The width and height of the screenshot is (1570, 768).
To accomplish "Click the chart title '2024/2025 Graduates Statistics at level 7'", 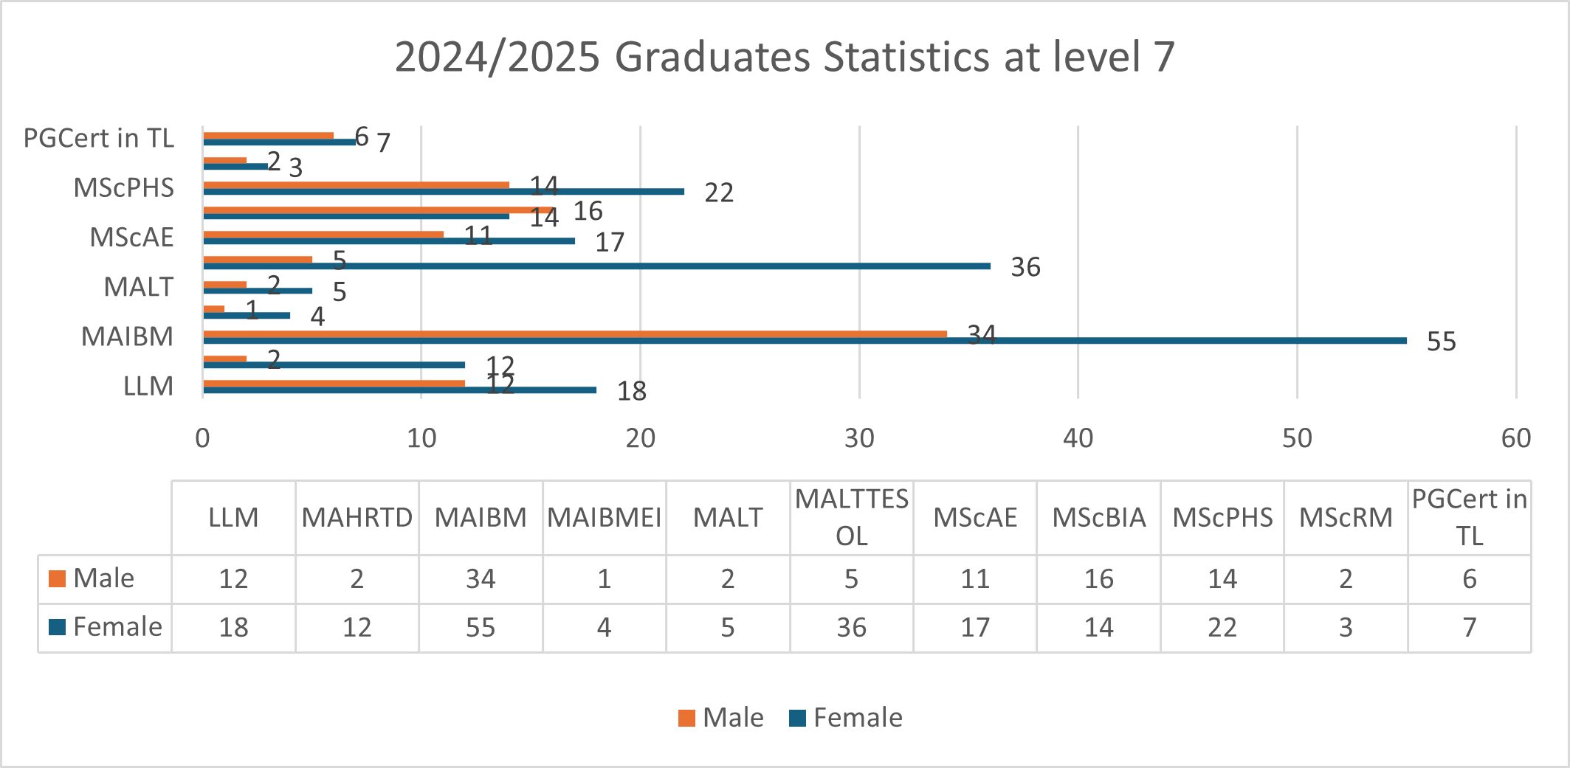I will point(785,57).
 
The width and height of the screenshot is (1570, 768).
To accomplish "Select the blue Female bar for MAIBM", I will point(805,341).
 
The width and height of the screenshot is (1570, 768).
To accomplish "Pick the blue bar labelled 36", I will point(596,266).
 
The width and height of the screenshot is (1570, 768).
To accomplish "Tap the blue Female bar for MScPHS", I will point(443,192).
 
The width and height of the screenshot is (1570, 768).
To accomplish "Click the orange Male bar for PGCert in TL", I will point(268,136).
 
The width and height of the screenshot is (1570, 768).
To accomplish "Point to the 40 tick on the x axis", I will point(1078,438).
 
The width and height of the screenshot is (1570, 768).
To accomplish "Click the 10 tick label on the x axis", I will point(421,438).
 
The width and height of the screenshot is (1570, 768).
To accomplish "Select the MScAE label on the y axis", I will point(131,238).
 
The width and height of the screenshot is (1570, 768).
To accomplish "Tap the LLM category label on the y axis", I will point(148,386).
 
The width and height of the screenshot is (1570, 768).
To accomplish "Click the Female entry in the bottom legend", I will point(846,718).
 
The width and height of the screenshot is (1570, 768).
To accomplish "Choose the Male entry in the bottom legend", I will point(721,718).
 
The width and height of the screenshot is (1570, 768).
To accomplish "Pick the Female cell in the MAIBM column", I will point(481,628).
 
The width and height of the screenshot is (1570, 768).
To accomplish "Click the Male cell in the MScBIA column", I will point(1098,579).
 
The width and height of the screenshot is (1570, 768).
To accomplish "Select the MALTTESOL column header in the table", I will point(851,518).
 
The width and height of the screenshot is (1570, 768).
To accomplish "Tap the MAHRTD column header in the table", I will point(357,518).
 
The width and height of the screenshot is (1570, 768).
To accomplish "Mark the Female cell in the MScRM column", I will point(1346,628).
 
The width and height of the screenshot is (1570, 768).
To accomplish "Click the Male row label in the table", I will point(103,578).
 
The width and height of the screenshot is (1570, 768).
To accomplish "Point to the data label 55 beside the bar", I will point(1441,342).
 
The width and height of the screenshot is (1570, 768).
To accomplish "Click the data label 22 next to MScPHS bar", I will point(719,193).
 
